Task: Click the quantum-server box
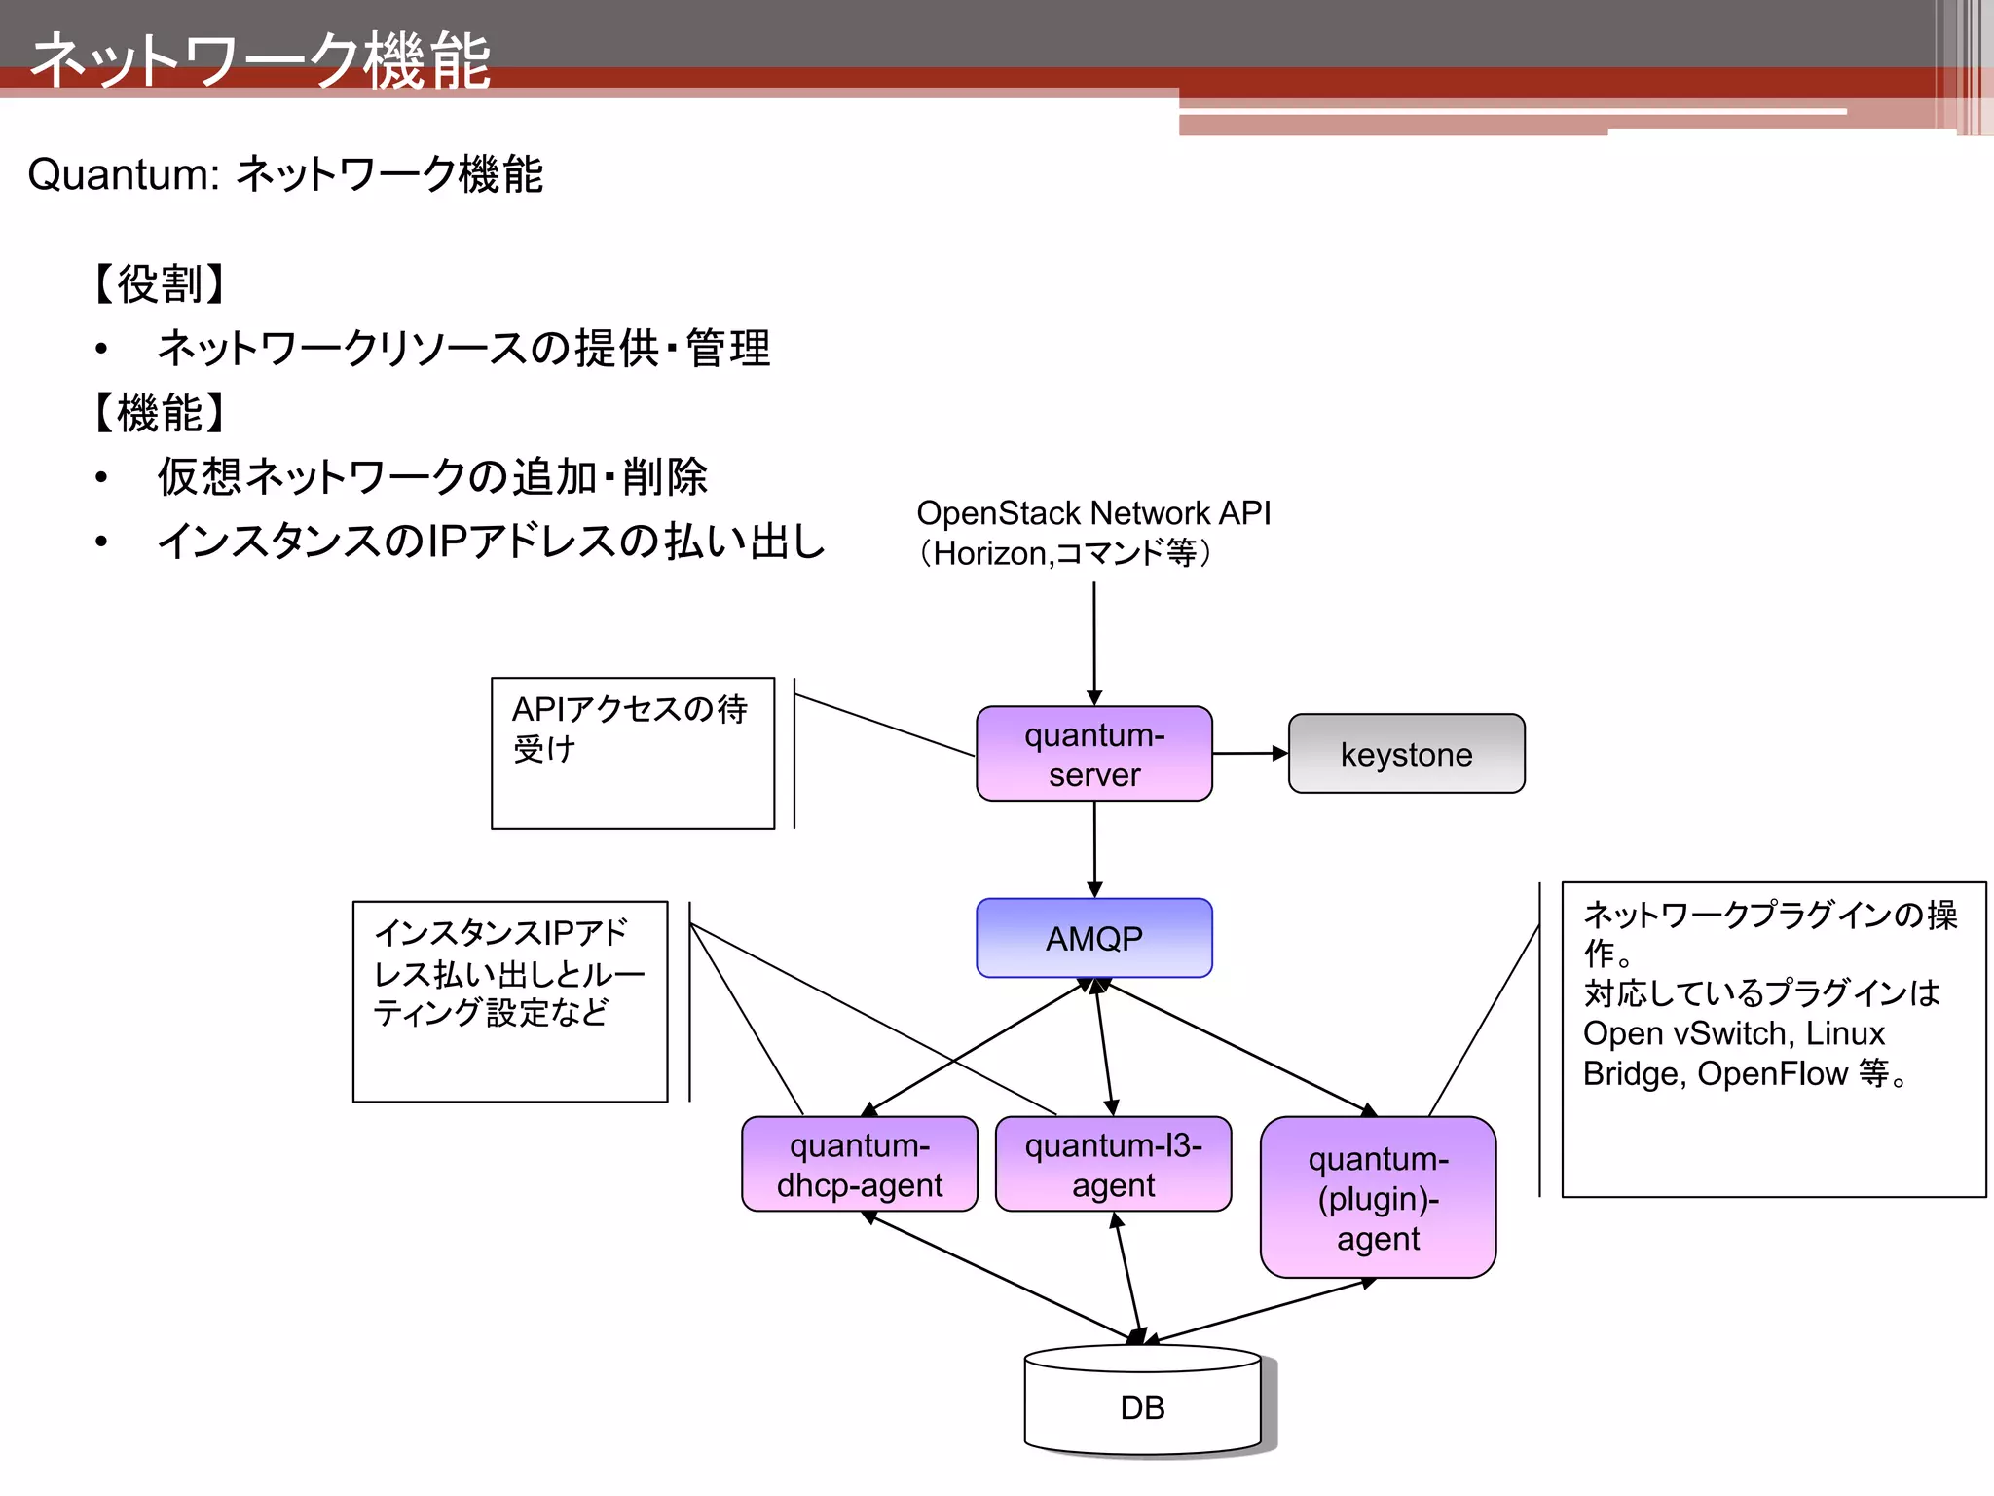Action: (x=1093, y=754)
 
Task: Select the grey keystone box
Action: (x=1406, y=754)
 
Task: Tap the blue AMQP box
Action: (x=1093, y=938)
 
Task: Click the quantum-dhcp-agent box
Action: (x=859, y=1165)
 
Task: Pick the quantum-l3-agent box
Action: (x=1113, y=1165)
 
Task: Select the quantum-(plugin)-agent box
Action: (x=1378, y=1198)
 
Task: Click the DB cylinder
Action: (x=1142, y=1406)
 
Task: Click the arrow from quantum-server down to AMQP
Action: (x=1094, y=847)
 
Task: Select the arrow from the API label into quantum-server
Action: (x=1094, y=643)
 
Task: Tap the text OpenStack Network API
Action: (x=1093, y=513)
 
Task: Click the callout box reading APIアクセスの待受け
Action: (x=632, y=753)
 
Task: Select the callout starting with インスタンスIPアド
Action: (x=509, y=1000)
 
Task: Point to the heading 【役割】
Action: (x=160, y=284)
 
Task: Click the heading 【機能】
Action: (x=160, y=413)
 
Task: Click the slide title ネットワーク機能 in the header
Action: (x=261, y=60)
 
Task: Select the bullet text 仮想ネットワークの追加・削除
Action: (x=432, y=477)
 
